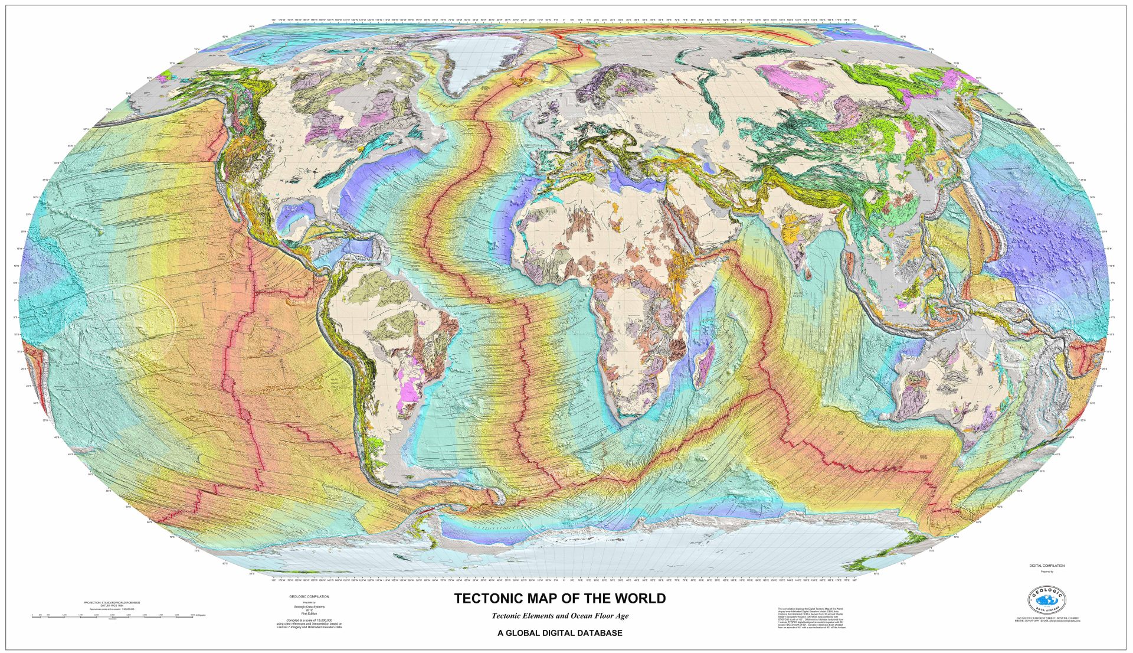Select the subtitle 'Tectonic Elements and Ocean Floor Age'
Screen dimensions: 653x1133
click(560, 616)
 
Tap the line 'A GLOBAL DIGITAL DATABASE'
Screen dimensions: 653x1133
click(560, 633)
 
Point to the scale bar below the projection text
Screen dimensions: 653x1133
click(112, 616)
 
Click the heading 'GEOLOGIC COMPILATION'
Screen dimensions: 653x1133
click(309, 597)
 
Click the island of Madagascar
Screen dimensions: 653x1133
click(702, 366)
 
